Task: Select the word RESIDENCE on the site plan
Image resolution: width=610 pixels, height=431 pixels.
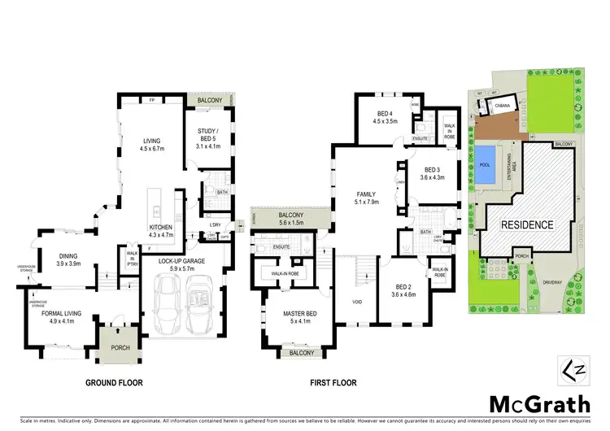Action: [x=526, y=224]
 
